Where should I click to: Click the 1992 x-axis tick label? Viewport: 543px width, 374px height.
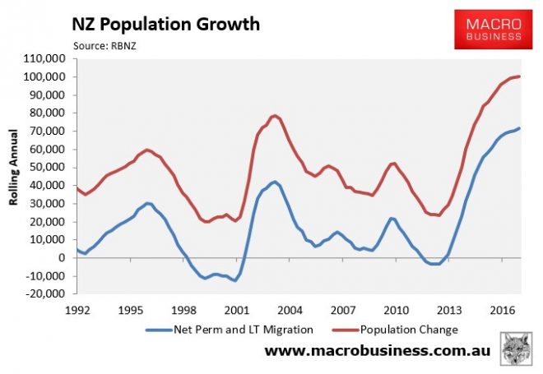coord(77,311)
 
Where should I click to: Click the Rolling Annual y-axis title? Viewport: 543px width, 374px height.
coord(14,176)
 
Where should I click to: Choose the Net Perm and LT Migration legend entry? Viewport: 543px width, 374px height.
coord(231,329)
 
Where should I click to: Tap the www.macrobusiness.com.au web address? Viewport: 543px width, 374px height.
coord(377,352)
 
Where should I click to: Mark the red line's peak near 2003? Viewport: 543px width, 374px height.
coord(274,116)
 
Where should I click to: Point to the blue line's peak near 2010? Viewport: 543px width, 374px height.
coord(392,218)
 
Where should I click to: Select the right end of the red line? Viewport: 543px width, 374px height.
coord(519,76)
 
